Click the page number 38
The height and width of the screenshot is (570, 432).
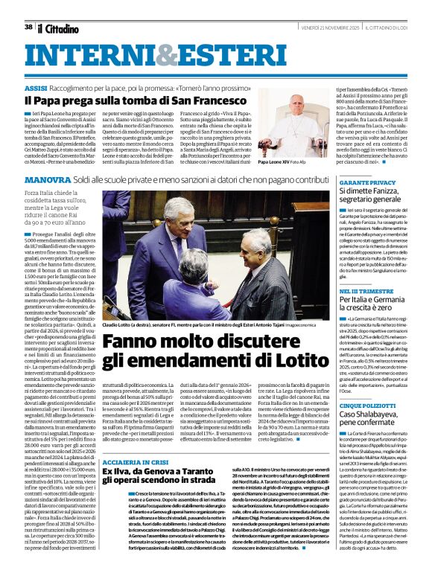[28, 27]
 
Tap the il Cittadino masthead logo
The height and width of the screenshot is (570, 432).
[59, 28]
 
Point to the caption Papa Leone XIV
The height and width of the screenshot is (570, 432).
[279, 161]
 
